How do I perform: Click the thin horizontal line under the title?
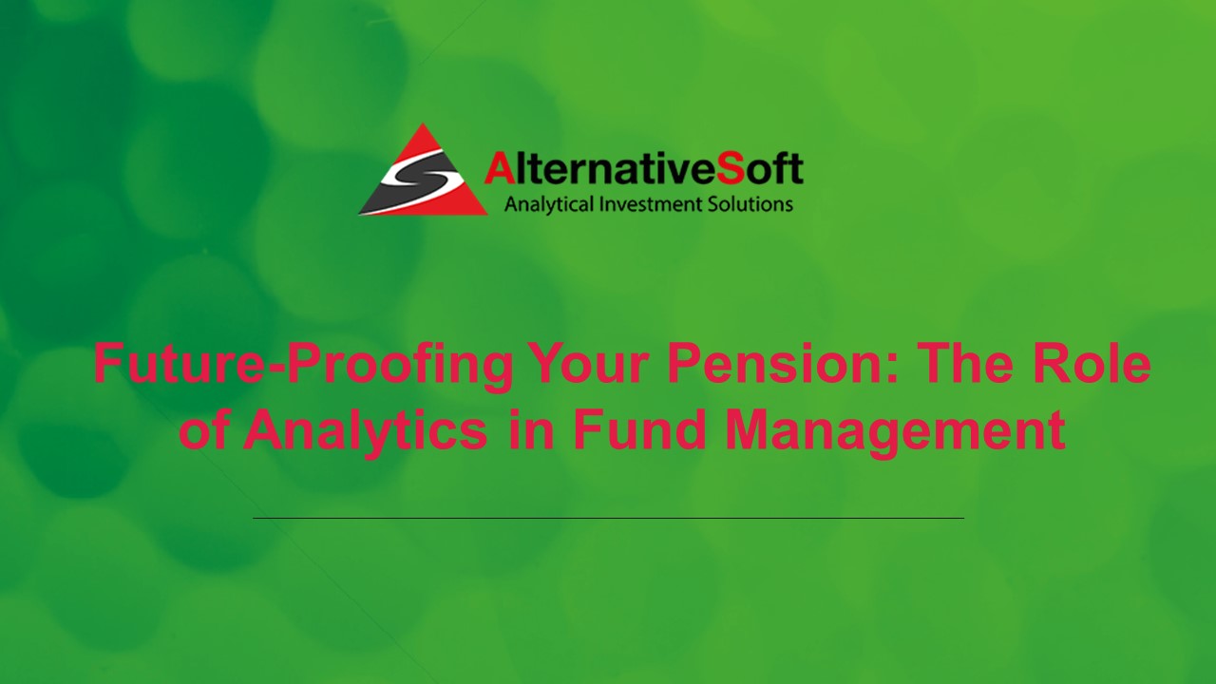tap(608, 518)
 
